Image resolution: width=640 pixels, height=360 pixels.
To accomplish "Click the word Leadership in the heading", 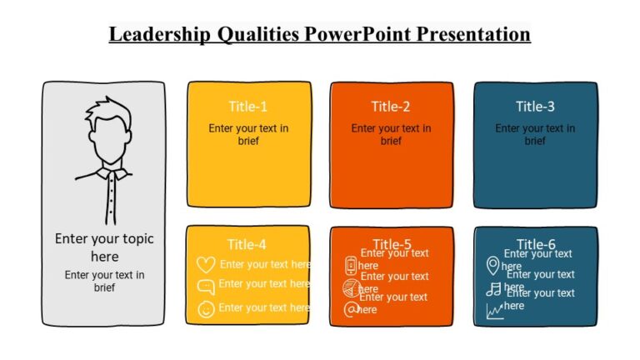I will click(x=159, y=34).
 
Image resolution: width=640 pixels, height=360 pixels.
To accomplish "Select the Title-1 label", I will click(x=248, y=106).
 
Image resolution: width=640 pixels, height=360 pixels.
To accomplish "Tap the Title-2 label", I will click(x=391, y=106).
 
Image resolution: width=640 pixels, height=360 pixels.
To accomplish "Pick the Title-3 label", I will click(x=535, y=106).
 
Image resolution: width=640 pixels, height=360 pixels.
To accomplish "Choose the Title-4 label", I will click(x=247, y=244).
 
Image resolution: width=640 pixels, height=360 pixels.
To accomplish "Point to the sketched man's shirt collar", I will click(x=106, y=174).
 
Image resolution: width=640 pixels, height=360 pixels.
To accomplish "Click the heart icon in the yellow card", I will click(x=206, y=264).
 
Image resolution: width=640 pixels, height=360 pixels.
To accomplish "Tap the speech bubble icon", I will click(x=206, y=287).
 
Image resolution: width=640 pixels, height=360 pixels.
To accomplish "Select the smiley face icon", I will click(x=206, y=309).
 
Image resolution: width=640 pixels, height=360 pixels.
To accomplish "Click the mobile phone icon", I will click(x=351, y=266).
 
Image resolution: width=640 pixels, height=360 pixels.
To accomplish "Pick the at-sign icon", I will click(x=351, y=309).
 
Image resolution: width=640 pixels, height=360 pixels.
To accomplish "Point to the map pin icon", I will click(x=493, y=266).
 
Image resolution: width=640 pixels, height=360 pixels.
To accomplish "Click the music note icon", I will click(x=494, y=289).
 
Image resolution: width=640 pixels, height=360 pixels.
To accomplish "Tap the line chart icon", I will click(x=495, y=311).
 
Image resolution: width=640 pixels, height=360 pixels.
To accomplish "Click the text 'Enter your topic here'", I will click(x=105, y=247).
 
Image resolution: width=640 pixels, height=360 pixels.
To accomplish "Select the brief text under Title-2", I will click(x=391, y=134).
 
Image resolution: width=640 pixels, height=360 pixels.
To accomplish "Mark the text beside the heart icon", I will click(x=265, y=264).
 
